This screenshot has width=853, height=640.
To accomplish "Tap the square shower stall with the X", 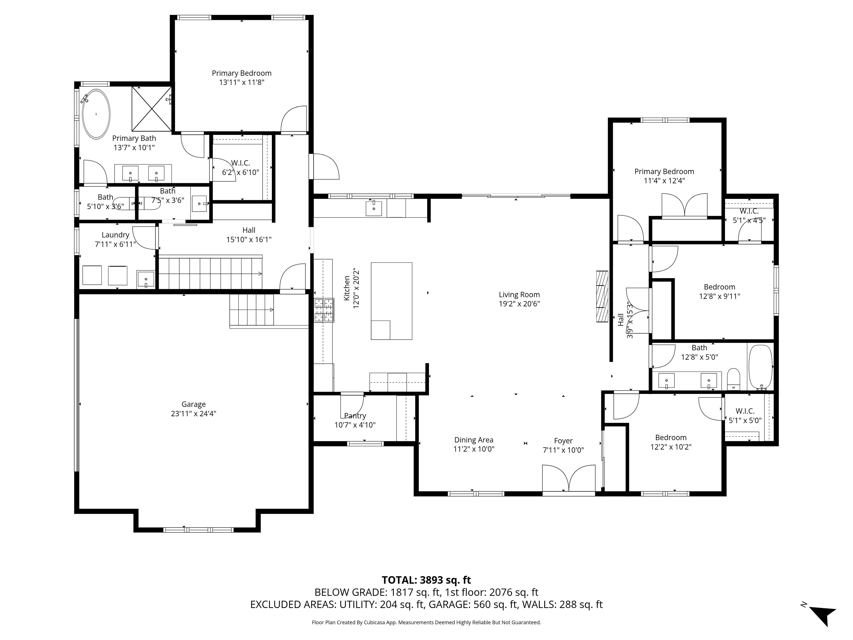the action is (x=151, y=109).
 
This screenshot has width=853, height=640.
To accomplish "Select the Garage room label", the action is (x=193, y=404).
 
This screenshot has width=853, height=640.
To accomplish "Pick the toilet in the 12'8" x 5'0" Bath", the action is (x=733, y=379).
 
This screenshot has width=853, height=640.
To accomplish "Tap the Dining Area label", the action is (x=474, y=440).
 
